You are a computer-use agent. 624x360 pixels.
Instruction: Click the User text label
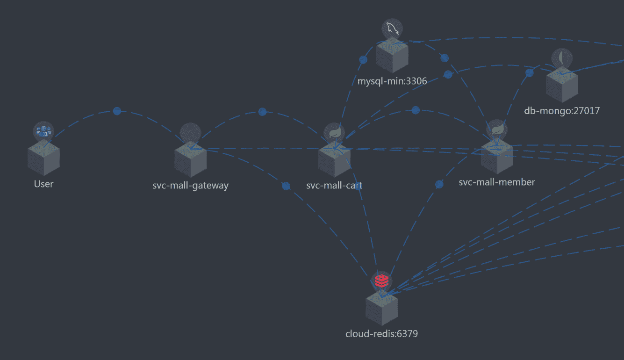pyautogui.click(x=43, y=184)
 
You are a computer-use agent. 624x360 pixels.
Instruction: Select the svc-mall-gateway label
pyautogui.click(x=190, y=185)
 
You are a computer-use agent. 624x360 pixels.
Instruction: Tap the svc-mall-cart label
pyautogui.click(x=334, y=185)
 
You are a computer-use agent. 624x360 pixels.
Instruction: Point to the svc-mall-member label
pyautogui.click(x=497, y=182)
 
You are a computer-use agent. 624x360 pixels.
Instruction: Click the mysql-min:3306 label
pyautogui.click(x=392, y=81)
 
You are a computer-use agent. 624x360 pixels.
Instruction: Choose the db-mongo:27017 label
pyautogui.click(x=562, y=111)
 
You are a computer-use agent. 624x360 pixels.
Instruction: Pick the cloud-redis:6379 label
pyautogui.click(x=381, y=334)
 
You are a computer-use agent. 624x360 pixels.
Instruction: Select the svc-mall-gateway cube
pyautogui.click(x=190, y=160)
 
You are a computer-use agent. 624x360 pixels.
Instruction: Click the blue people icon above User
pyautogui.click(x=43, y=131)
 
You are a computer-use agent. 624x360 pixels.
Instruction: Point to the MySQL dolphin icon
pyautogui.click(x=392, y=29)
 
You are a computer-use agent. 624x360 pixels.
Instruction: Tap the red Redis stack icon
pyautogui.click(x=382, y=281)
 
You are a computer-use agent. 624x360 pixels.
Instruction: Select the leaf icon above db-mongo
pyautogui.click(x=562, y=58)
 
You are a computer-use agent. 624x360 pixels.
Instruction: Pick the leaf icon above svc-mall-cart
pyautogui.click(x=334, y=133)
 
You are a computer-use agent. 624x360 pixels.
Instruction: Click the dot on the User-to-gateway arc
pyautogui.click(x=117, y=111)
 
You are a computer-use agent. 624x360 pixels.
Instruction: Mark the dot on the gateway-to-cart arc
pyautogui.click(x=262, y=112)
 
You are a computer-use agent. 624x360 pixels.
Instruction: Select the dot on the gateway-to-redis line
pyautogui.click(x=286, y=186)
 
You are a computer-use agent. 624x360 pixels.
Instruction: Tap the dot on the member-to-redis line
pyautogui.click(x=439, y=184)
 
